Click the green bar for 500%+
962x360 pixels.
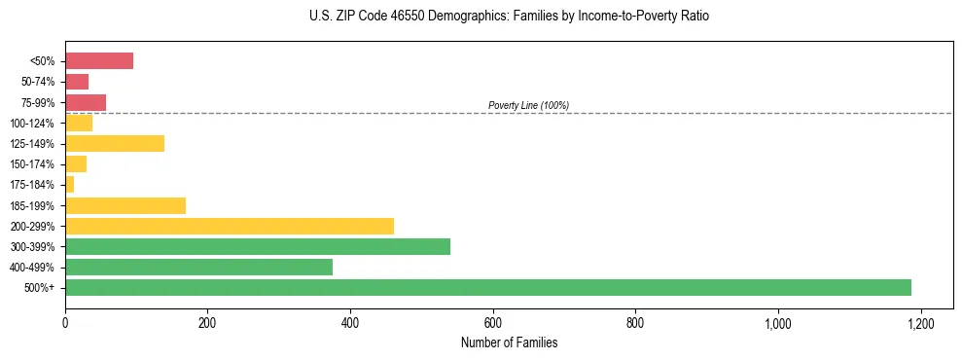488,287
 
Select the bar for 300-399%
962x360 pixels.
258,246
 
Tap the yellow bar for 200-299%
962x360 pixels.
230,226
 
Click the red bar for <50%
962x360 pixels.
99,61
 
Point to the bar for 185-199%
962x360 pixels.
125,205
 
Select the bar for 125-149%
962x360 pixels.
115,143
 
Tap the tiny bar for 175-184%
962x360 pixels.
70,185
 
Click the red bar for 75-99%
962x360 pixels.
86,102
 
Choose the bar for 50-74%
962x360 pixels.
77,82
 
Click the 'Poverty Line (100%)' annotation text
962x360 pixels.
528,105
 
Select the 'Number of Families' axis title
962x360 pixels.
509,342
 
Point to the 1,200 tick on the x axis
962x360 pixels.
920,322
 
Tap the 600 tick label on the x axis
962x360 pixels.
493,322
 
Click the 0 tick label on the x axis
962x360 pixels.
65,322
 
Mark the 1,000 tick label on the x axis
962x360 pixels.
778,322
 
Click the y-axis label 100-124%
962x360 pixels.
32,124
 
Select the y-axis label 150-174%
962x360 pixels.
32,164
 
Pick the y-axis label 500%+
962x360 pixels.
40,288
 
